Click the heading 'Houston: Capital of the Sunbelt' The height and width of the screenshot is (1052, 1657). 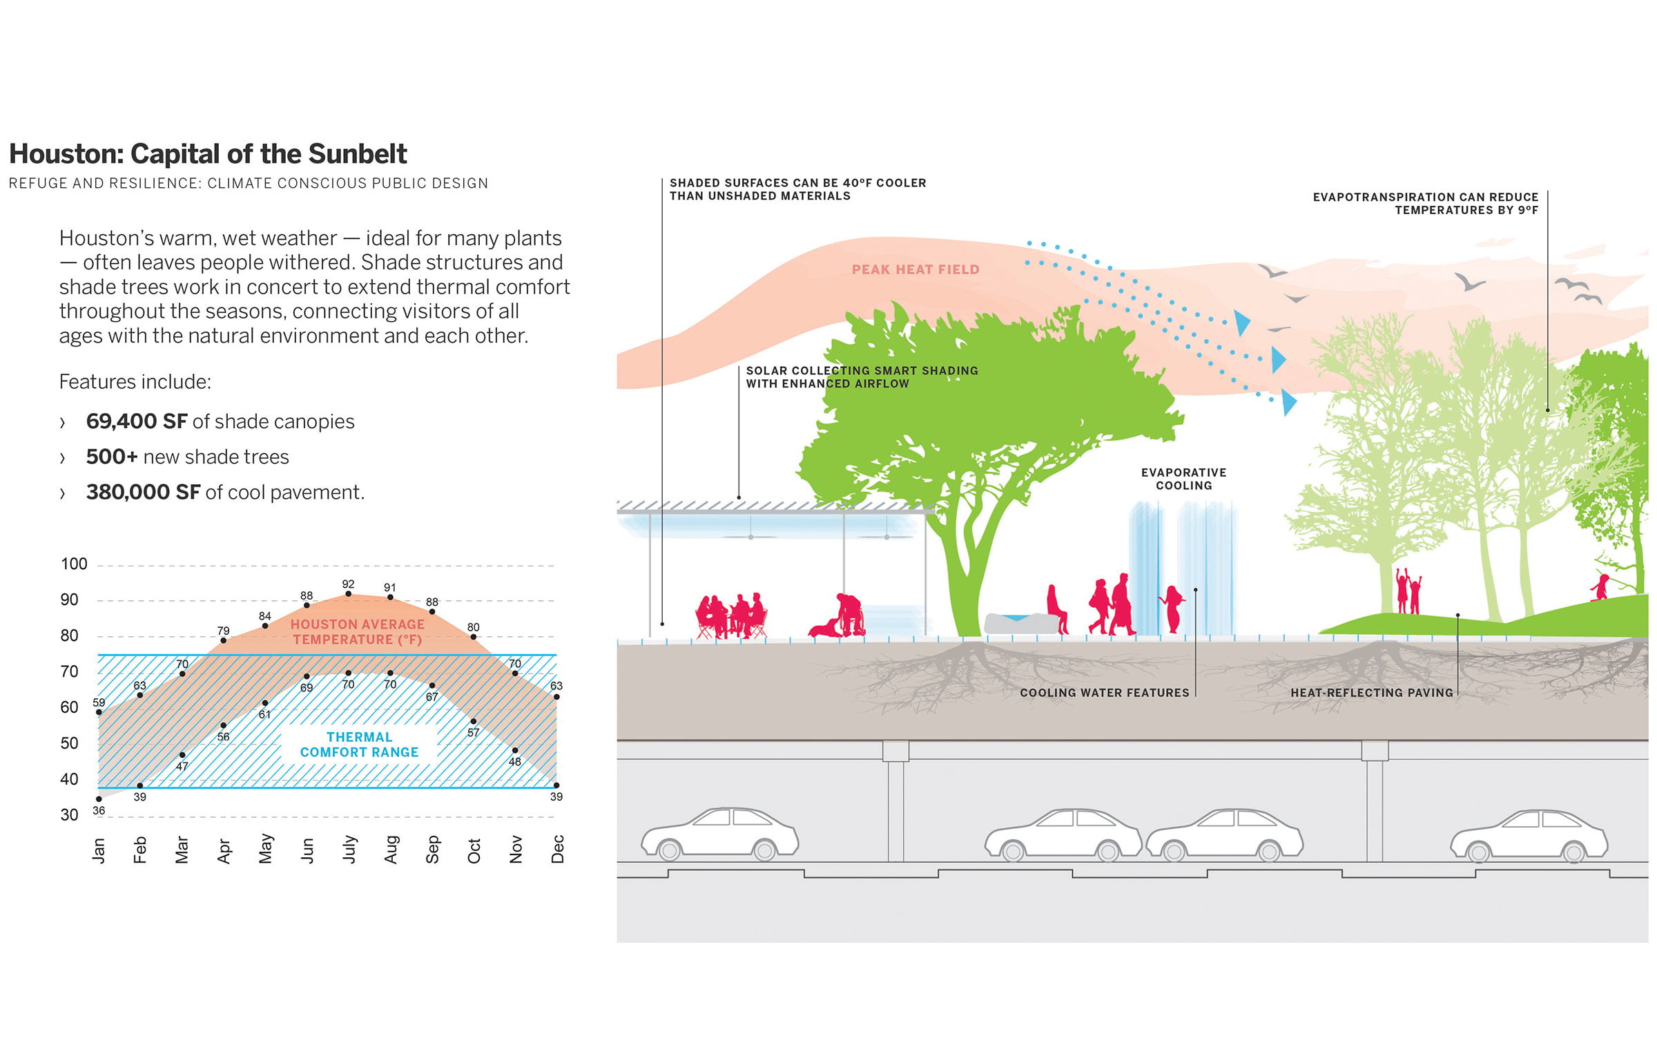coord(208,154)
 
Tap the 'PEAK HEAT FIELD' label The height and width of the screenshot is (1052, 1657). coord(915,269)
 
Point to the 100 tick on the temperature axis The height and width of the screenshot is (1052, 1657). coord(74,564)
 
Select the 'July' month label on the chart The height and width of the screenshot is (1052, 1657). coord(349,849)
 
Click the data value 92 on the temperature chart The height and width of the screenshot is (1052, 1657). coord(348,584)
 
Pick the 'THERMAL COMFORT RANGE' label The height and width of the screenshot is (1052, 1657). coord(359,745)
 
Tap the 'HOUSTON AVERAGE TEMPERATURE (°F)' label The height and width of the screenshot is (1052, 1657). coord(357,632)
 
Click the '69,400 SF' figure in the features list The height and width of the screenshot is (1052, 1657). coord(137,421)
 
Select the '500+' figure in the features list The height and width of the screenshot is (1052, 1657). coord(112,457)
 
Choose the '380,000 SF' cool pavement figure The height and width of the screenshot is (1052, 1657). coord(143,492)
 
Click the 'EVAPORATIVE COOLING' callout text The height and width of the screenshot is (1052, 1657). coord(1183,479)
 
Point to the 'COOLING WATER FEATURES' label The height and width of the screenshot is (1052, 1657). coord(1104,693)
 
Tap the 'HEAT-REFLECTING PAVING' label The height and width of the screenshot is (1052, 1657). coord(1371,693)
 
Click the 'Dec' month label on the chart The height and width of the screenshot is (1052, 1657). coord(558,849)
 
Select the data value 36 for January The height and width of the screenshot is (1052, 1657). coord(99,810)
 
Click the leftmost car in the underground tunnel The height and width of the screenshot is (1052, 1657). coord(719,834)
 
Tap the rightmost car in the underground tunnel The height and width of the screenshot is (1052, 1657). coord(1529,836)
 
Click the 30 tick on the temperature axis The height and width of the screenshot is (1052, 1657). coord(69,815)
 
